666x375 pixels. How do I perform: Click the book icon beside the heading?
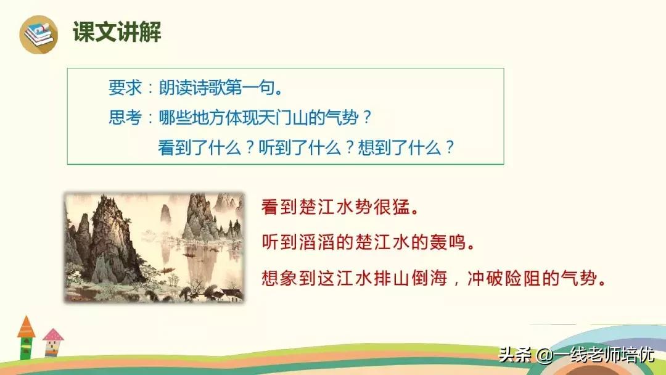[x=38, y=34]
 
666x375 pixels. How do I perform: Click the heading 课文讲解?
[x=117, y=31]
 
